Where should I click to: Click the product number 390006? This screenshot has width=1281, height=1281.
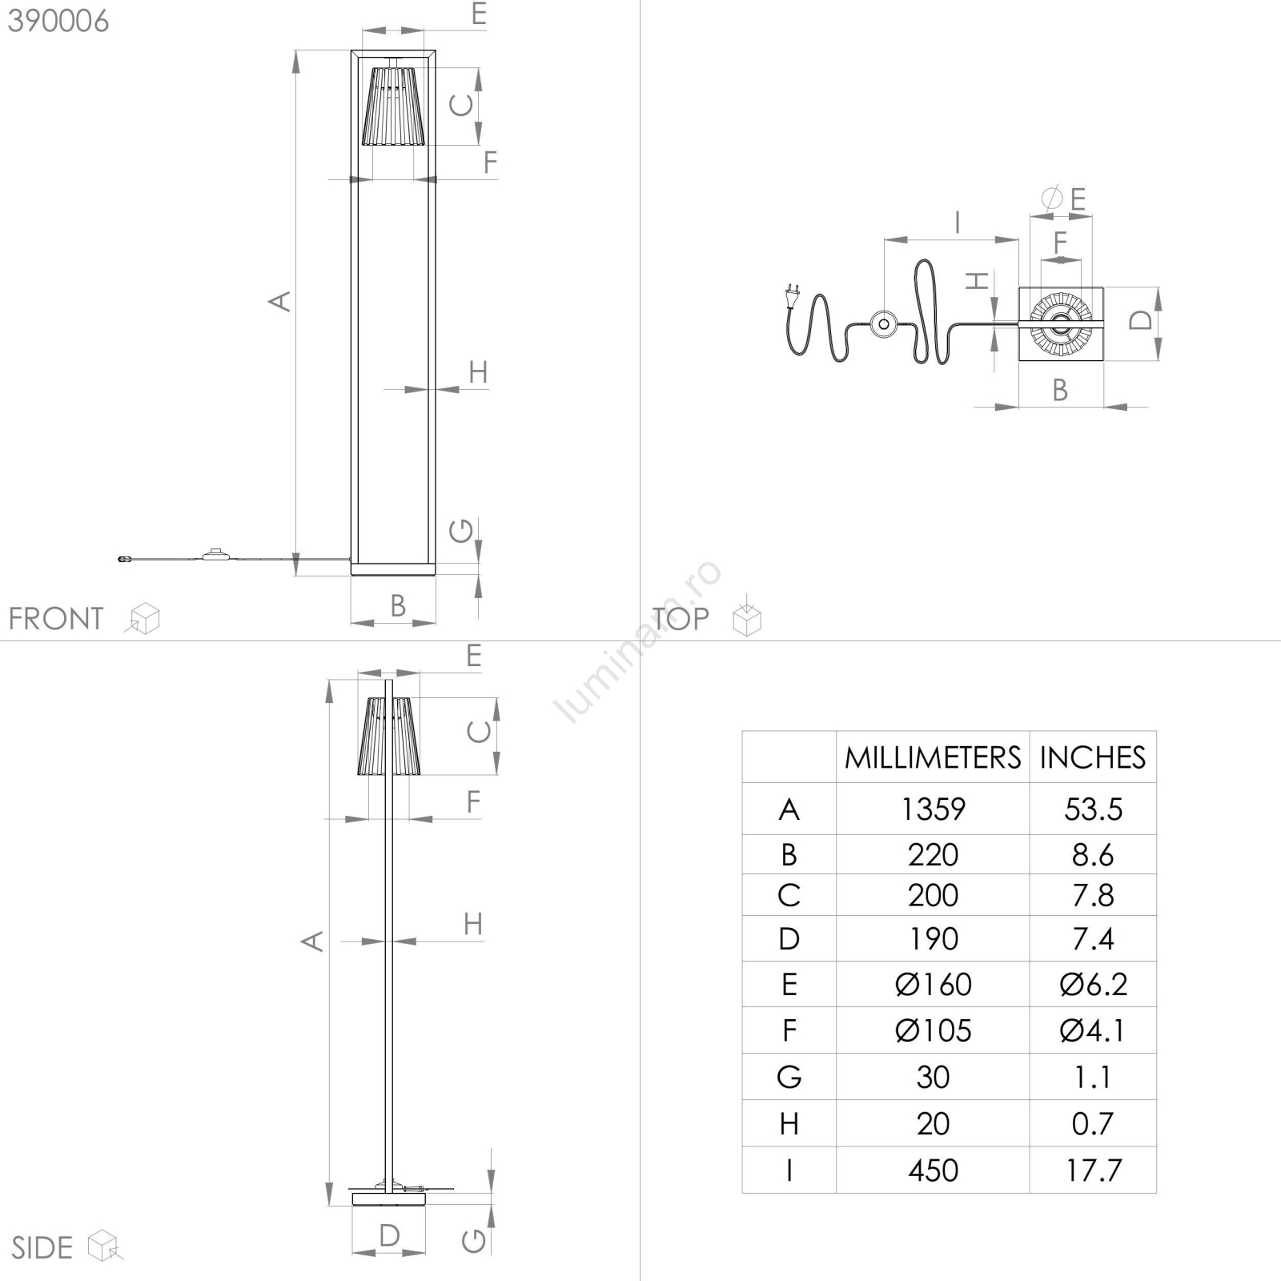point(58,22)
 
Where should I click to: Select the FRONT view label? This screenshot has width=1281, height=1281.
point(56,619)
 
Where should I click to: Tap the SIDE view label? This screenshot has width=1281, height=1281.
point(42,1247)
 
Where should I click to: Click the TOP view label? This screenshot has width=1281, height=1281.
point(680,619)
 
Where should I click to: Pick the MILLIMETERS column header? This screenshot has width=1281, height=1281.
point(933,757)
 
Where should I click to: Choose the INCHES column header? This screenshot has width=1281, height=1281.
point(1093,757)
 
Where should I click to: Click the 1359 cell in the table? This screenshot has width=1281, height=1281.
point(934,809)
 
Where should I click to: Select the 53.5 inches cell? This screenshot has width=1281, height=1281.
point(1093,809)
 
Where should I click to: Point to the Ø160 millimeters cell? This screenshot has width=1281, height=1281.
point(934,984)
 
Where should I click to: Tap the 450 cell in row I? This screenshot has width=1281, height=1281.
point(934,1171)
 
